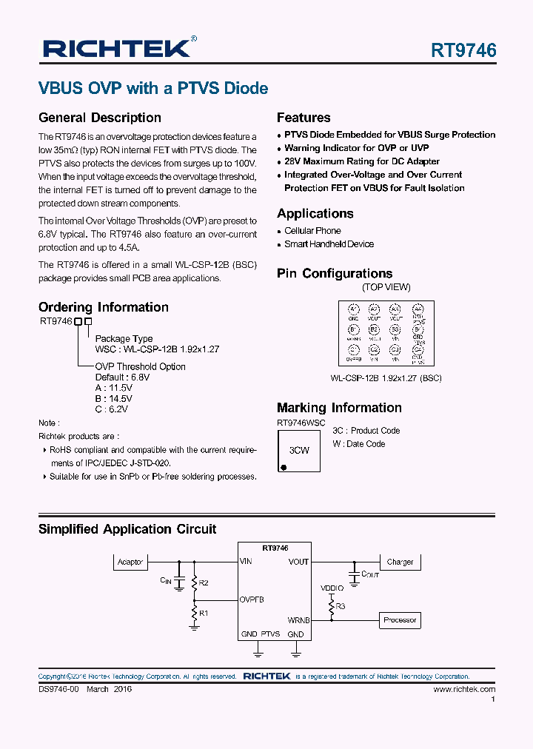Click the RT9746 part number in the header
click(463, 50)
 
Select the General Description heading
click(99, 118)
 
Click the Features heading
click(304, 118)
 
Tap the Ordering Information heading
click(103, 307)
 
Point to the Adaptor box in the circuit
click(130, 562)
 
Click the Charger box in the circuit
click(400, 562)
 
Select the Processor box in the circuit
click(400, 620)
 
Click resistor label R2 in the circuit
click(204, 583)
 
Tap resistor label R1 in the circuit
click(204, 614)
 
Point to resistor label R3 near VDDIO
click(341, 606)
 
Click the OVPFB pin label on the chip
click(252, 599)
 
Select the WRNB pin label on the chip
click(298, 620)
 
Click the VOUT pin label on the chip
click(298, 562)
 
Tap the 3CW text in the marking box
click(299, 450)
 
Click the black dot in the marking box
click(283, 467)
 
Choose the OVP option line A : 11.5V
click(114, 388)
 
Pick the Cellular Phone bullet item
click(312, 231)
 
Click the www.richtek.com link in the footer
click(464, 689)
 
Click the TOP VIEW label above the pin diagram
click(386, 287)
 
